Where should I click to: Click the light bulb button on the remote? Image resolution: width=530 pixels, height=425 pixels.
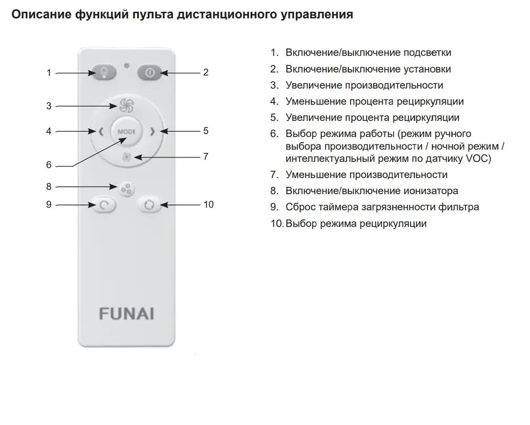pos(104,73)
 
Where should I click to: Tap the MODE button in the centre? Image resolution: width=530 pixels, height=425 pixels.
pos(127,132)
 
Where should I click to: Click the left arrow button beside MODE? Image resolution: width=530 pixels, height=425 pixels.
pos(101,131)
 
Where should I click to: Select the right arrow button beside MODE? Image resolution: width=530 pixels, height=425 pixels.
pos(153,131)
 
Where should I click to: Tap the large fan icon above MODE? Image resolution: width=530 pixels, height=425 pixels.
pos(127,106)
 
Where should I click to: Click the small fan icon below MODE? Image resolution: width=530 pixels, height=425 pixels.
pos(127,157)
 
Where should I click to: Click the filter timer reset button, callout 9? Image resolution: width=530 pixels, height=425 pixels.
pos(104,205)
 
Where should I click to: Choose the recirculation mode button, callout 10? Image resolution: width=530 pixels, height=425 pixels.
pos(149,205)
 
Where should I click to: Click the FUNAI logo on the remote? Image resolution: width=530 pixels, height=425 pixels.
pos(127,314)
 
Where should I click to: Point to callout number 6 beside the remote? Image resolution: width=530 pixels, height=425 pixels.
pos(49,165)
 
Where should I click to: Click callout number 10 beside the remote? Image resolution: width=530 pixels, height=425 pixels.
pos(208,204)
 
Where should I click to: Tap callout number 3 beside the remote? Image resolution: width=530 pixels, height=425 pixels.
pos(49,106)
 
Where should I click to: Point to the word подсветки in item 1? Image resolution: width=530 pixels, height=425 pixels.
pos(427,53)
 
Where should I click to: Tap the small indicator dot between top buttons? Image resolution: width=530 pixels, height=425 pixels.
pos(127,66)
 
